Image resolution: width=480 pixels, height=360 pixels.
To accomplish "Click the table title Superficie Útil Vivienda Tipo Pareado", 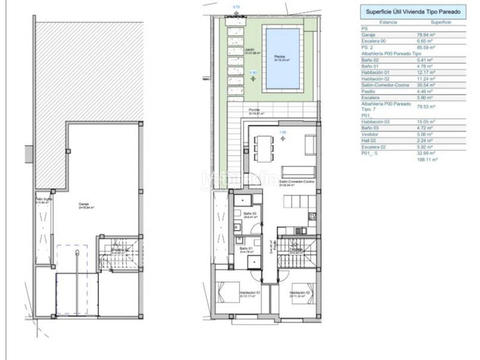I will (x=413, y=10).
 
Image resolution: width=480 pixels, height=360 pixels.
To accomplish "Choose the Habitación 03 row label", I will (x=374, y=121).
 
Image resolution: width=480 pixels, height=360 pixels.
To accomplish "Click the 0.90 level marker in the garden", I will (x=253, y=72).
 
